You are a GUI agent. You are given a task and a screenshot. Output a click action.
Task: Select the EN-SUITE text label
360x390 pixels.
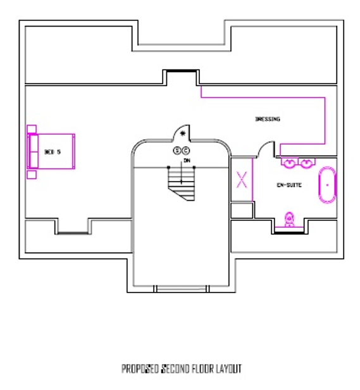[x=289, y=185]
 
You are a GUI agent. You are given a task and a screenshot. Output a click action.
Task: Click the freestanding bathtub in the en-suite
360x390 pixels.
[x=327, y=184]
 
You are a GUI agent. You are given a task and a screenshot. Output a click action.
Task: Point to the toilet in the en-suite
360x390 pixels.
[x=289, y=219]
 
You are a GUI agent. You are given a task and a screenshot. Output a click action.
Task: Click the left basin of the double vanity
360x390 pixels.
[x=289, y=162]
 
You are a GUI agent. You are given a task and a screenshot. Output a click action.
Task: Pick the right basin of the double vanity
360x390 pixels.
[x=307, y=162]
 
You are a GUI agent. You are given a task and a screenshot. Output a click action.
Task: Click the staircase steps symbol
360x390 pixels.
[x=181, y=182]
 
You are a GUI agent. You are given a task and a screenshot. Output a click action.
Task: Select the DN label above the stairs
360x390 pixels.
[x=187, y=161]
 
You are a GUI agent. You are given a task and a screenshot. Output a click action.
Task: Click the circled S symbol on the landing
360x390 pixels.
[x=178, y=150]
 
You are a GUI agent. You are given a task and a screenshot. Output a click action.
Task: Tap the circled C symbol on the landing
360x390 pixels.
[x=186, y=150]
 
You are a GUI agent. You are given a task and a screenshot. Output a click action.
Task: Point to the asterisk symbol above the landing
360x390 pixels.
[x=183, y=134]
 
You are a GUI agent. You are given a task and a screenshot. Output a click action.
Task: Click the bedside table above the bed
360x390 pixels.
[x=31, y=129]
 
